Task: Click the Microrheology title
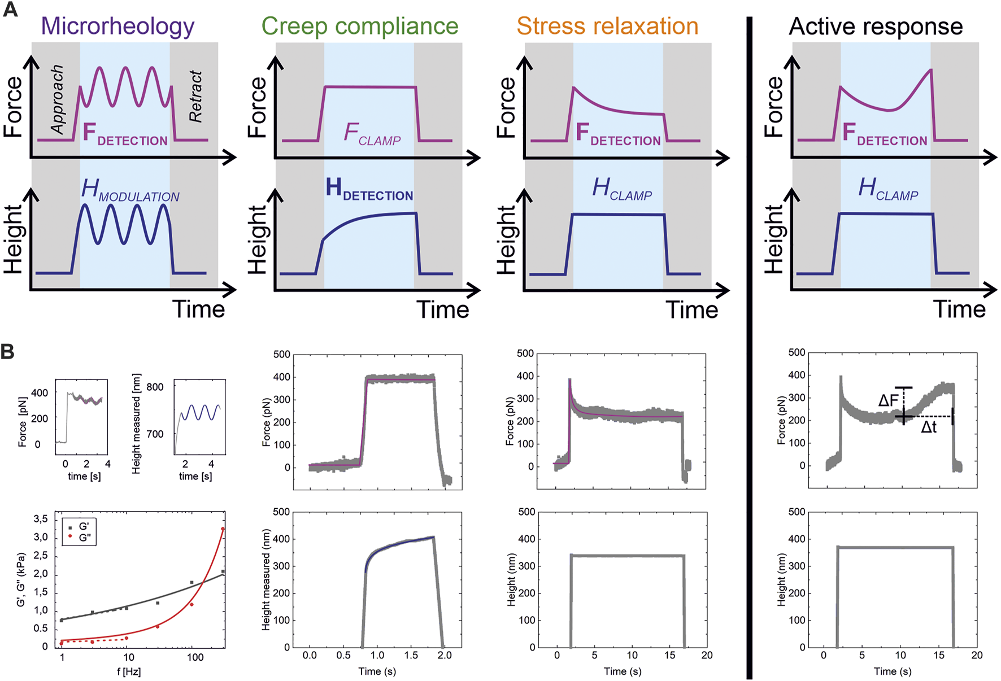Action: [x=117, y=27]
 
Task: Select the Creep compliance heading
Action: [x=360, y=27]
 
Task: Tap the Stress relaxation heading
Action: [x=607, y=27]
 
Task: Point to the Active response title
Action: [x=876, y=27]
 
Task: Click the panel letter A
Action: [x=10, y=10]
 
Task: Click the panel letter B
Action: [x=8, y=351]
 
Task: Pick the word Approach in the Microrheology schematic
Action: [x=58, y=100]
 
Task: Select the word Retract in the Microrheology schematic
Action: [x=195, y=97]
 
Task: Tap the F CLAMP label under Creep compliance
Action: [x=372, y=134]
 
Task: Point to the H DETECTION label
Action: [x=369, y=189]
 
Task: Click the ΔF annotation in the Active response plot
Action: [x=888, y=401]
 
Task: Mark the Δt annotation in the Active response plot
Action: [x=929, y=427]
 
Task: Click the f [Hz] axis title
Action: [x=129, y=672]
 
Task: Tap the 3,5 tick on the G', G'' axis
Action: [x=41, y=519]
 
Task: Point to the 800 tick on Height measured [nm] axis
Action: [x=155, y=387]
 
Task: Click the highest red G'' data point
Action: [x=223, y=529]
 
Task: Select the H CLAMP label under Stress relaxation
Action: [x=622, y=189]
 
